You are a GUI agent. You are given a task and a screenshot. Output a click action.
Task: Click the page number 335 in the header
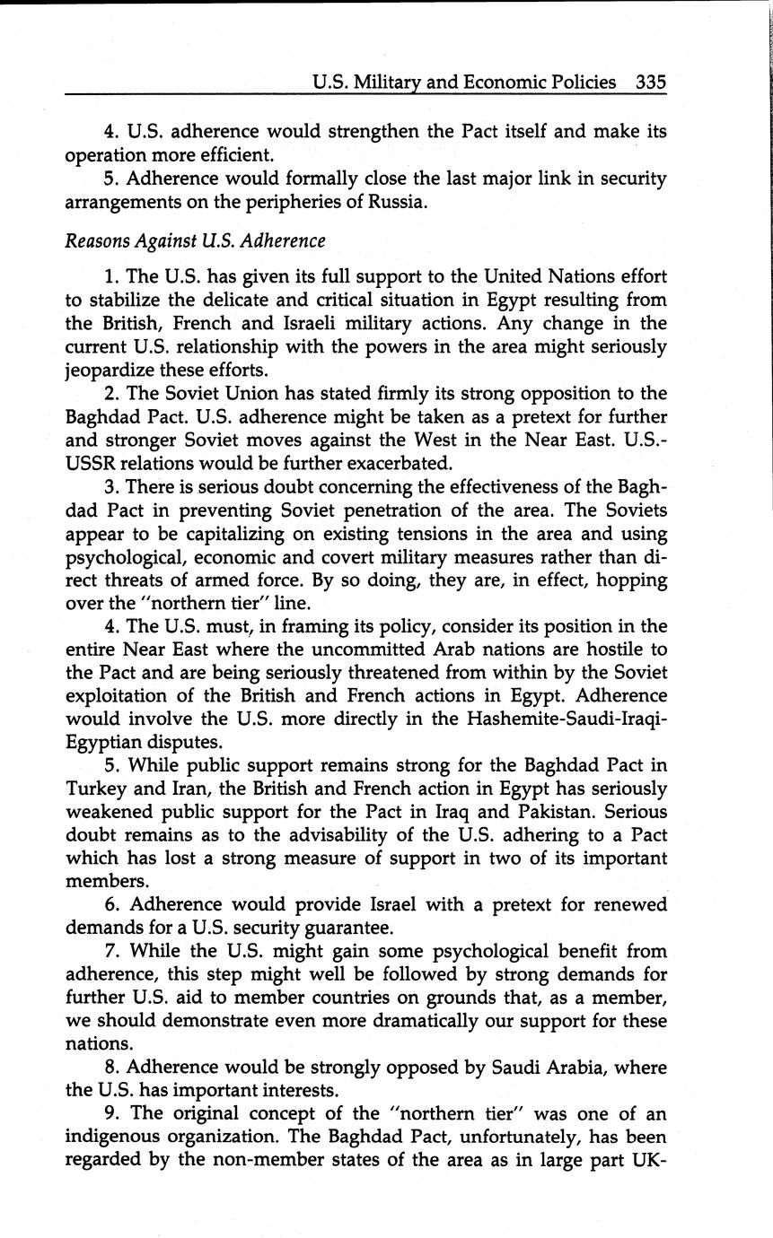(651, 83)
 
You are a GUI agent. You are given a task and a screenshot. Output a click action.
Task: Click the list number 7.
(110, 951)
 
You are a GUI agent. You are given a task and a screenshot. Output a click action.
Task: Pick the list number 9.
(110, 1114)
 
